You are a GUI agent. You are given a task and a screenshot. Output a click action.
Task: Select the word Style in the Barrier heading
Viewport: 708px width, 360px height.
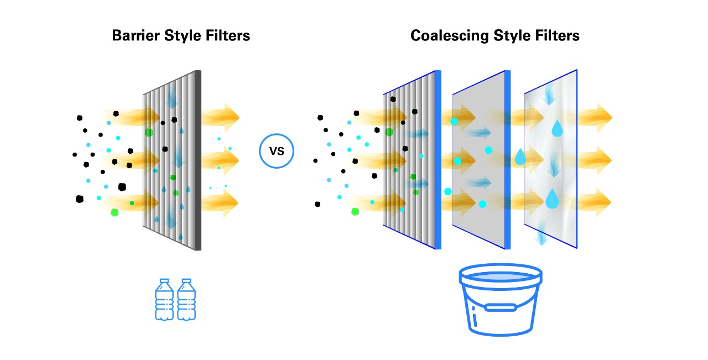coord(184,36)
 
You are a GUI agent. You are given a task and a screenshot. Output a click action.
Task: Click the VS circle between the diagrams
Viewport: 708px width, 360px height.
coord(277,151)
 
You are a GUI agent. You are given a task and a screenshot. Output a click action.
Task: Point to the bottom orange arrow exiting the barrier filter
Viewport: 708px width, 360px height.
coord(221,202)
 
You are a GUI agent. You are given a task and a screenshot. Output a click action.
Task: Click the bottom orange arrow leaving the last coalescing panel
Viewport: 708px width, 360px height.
coord(595,202)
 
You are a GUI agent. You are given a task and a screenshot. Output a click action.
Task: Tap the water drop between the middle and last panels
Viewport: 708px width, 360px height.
coord(520,158)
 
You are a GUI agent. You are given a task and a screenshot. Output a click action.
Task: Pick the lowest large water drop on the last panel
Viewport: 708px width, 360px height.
coord(552,199)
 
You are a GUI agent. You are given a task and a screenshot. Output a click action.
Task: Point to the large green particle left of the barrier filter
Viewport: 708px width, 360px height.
coord(115,212)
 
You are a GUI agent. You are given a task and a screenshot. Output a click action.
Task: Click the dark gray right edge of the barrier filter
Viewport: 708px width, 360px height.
coord(197,160)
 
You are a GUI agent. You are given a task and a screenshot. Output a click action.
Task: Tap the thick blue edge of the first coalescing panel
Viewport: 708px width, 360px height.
coord(438,160)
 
